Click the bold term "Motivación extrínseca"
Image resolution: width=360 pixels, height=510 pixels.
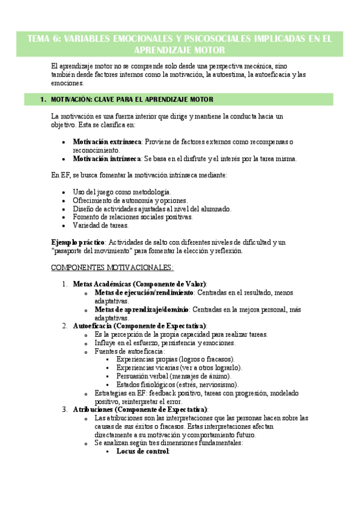106,141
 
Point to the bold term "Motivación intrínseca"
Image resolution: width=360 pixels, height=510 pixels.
106,159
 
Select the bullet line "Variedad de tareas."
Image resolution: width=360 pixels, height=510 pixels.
100,226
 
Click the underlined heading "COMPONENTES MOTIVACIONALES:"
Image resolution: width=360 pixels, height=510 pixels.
112,267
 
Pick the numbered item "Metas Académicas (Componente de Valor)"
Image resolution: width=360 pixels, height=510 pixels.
139,283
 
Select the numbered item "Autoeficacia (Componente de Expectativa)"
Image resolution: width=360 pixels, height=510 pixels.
139,325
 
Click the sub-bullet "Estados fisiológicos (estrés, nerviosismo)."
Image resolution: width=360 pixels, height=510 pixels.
177,384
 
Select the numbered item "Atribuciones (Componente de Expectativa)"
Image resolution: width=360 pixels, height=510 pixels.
140,409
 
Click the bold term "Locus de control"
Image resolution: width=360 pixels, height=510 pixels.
142,451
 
